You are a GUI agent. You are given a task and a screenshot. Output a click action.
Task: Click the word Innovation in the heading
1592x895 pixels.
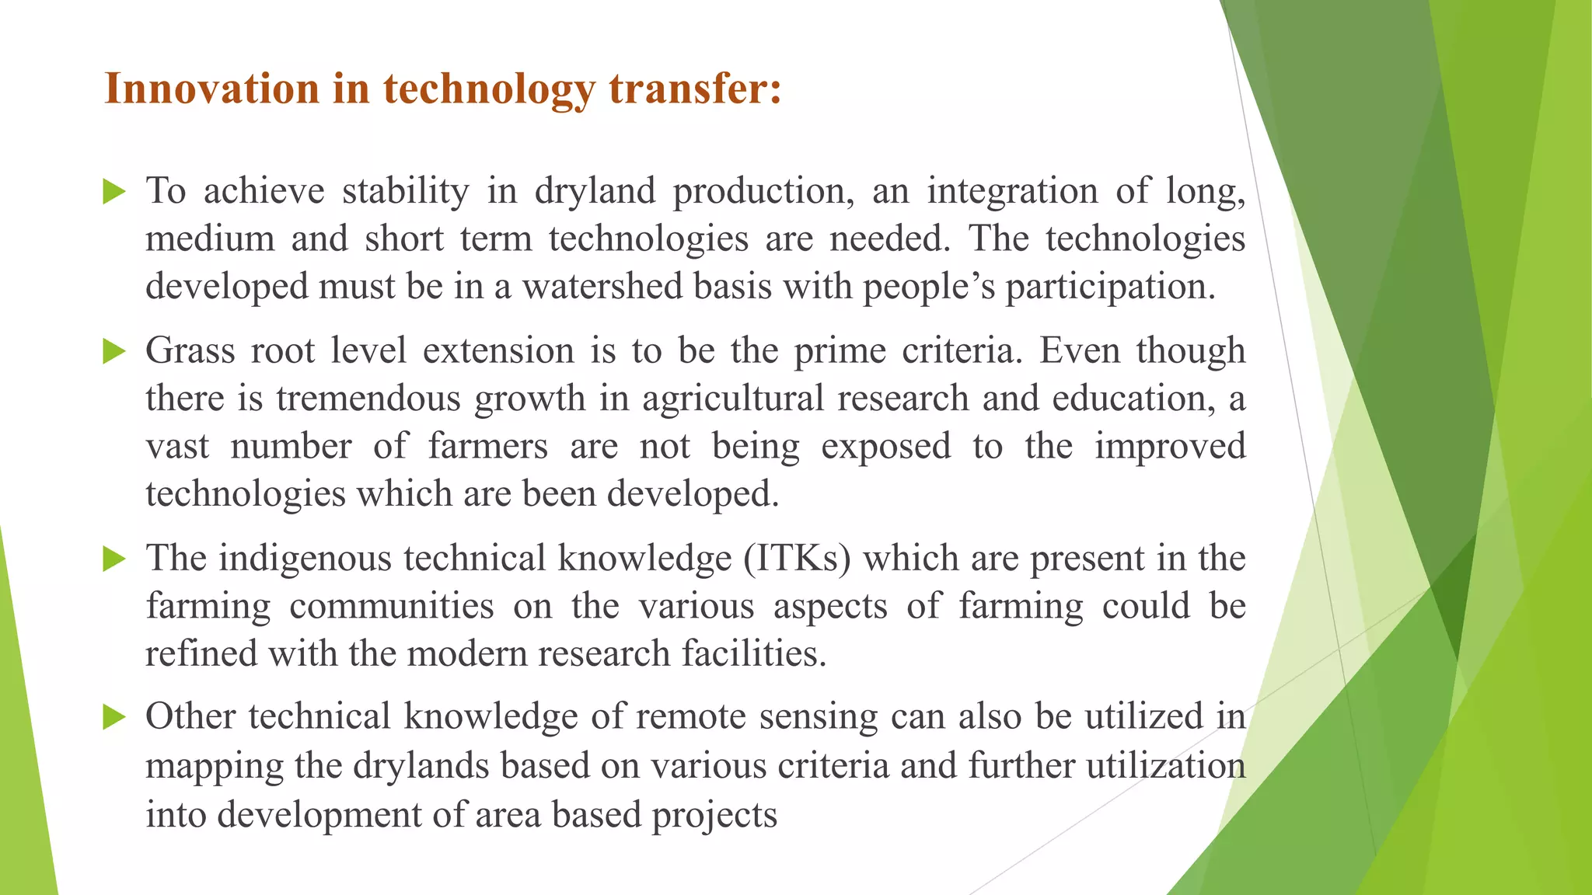click(x=211, y=89)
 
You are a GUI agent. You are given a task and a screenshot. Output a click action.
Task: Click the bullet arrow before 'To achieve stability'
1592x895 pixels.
click(x=113, y=191)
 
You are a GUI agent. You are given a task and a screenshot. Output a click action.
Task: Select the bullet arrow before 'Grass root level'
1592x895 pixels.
click(x=113, y=351)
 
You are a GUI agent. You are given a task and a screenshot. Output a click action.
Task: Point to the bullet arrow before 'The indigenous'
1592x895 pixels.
click(x=113, y=559)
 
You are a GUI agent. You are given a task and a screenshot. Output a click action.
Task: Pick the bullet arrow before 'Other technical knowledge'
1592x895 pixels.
click(x=113, y=717)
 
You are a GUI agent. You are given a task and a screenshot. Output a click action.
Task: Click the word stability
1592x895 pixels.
click(x=406, y=191)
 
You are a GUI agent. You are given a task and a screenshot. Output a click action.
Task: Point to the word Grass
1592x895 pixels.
click(x=190, y=351)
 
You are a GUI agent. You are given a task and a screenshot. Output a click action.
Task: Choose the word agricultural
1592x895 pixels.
click(x=732, y=399)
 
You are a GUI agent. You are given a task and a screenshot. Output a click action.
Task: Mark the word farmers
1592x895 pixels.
click(x=487, y=447)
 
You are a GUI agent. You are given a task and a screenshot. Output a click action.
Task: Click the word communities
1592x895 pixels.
click(x=391, y=607)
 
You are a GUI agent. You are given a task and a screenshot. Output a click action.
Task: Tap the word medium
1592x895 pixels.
click(x=210, y=239)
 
